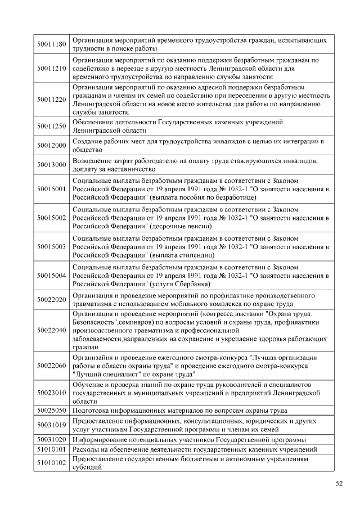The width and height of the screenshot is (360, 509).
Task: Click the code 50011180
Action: pyautogui.click(x=52, y=44)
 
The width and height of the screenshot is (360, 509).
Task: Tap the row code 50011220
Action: pyautogui.click(x=52, y=100)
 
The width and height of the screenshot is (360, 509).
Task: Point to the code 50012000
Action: pyautogui.click(x=52, y=146)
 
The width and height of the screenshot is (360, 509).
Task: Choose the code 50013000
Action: pyautogui.click(x=52, y=165)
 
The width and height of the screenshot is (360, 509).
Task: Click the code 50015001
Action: pyautogui.click(x=52, y=189)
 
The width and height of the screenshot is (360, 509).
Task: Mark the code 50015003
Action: pyautogui.click(x=52, y=246)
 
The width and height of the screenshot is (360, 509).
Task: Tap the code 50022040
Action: pyautogui.click(x=52, y=331)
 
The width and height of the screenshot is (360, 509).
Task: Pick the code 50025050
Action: pyautogui.click(x=52, y=411)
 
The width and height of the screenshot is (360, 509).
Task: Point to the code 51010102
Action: pyautogui.click(x=52, y=463)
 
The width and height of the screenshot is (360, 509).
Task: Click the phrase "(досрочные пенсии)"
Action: pyautogui.click(x=181, y=227)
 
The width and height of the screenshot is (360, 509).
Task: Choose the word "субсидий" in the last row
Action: pyautogui.click(x=87, y=467)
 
